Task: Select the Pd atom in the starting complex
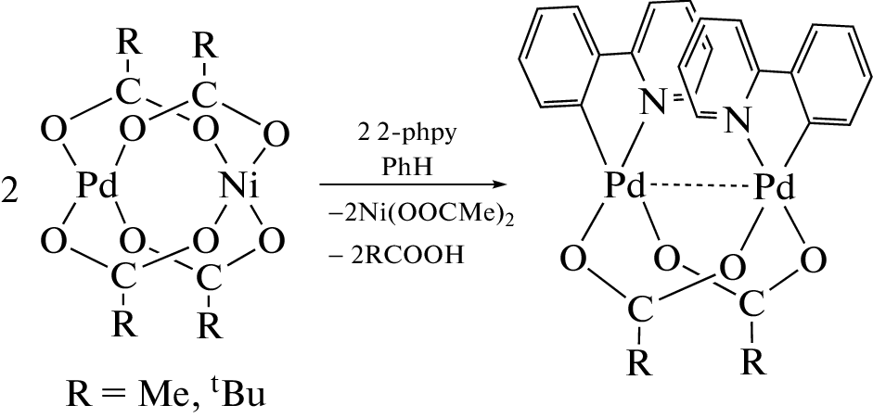pyautogui.click(x=97, y=187)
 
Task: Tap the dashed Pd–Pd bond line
pyautogui.click(x=699, y=188)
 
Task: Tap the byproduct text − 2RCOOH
pyautogui.click(x=400, y=257)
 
